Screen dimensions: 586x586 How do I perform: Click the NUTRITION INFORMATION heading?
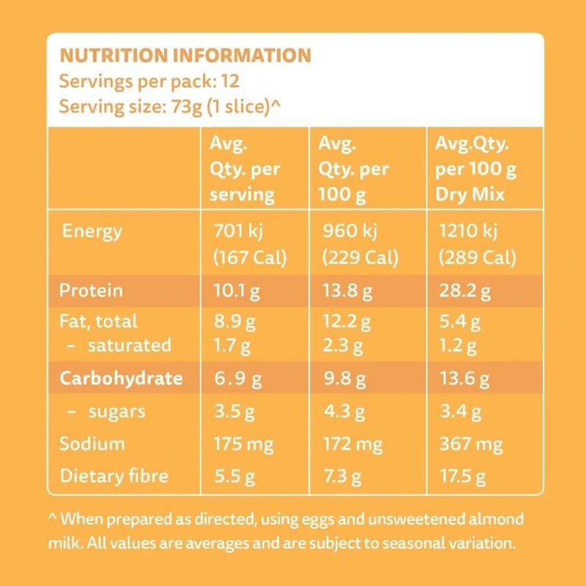point(185,56)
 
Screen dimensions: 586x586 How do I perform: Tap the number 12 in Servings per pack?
point(231,81)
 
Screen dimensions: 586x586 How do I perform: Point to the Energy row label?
point(92,232)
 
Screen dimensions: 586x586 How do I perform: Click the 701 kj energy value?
point(236,232)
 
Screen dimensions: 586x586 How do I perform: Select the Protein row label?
point(91,291)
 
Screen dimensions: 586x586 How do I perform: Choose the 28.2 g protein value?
point(464,292)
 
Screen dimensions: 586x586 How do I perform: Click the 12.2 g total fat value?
point(347,322)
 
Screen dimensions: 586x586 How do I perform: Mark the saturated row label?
point(130,345)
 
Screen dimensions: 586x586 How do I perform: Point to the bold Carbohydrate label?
point(120,379)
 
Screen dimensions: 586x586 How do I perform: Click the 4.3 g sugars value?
point(341,412)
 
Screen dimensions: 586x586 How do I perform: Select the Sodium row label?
point(92,444)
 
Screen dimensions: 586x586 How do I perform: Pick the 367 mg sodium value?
point(469,444)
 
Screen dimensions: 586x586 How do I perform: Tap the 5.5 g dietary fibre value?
point(234,476)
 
